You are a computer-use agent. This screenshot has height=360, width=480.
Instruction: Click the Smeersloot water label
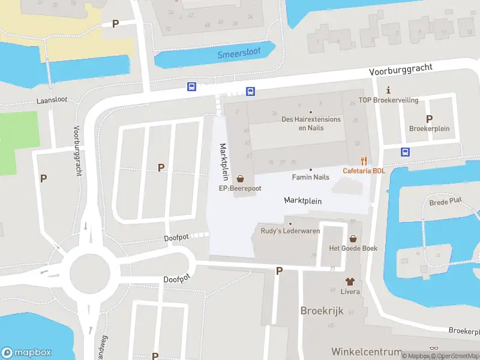coord(239,53)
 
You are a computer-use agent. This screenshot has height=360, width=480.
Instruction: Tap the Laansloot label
coord(52,100)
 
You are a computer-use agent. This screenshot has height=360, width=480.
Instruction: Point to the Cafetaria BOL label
coord(364,170)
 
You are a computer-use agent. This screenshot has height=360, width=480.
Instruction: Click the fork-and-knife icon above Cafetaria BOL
coord(364,161)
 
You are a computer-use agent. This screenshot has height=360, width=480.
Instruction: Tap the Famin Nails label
coord(310,177)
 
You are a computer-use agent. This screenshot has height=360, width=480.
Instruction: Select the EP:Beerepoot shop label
coord(239,188)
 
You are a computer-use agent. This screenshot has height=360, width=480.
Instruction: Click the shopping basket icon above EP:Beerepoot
coord(241,178)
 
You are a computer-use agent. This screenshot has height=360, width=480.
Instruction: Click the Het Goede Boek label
coord(353,248)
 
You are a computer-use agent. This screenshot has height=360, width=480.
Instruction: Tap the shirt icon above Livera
coord(350,281)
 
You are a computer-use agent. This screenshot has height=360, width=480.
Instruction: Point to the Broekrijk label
coord(322,311)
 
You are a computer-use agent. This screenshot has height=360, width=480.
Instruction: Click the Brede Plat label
coord(446,202)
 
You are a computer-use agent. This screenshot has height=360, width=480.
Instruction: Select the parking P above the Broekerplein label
coord(429,119)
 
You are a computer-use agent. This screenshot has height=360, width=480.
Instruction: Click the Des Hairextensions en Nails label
coord(311,123)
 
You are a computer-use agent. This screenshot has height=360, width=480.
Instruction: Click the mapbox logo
coord(26,353)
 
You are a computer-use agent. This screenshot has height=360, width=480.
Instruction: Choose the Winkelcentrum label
coord(366,351)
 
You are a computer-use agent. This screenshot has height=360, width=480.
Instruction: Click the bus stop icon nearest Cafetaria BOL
coord(406,152)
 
